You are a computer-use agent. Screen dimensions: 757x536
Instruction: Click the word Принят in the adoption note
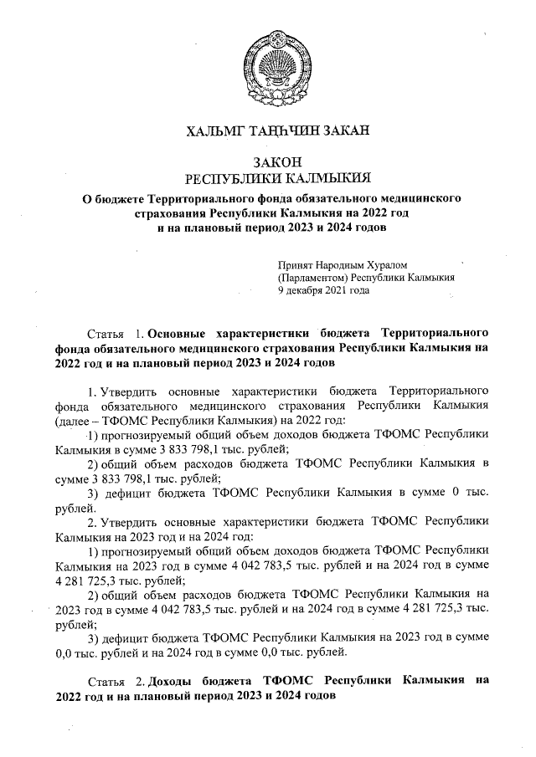coord(295,264)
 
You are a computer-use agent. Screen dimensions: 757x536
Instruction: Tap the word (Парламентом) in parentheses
coord(312,278)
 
